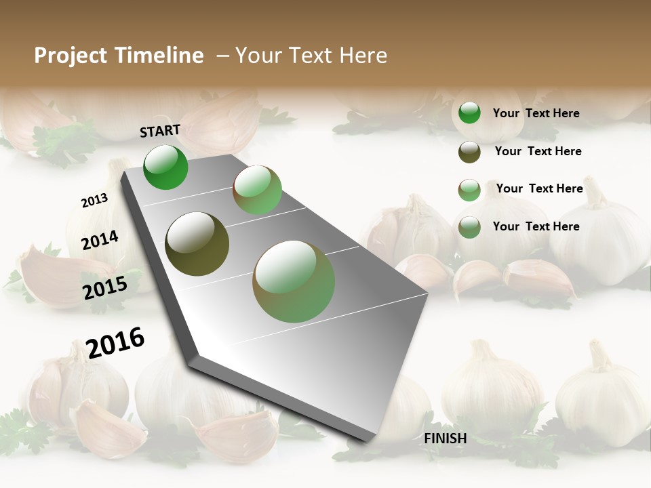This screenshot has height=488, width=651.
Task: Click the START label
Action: [160, 131]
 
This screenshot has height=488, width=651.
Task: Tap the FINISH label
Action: [446, 439]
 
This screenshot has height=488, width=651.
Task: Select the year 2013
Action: [94, 201]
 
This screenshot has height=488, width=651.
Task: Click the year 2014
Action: [100, 241]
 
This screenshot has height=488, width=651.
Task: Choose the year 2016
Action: [115, 343]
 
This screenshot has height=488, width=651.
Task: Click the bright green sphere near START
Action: [165, 167]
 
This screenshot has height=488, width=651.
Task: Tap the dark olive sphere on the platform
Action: [197, 244]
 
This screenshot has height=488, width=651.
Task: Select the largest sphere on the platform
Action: [294, 281]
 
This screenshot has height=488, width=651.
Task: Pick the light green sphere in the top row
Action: [258, 190]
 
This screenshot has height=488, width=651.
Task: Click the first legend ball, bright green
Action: [469, 113]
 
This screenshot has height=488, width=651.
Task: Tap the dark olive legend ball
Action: [469, 152]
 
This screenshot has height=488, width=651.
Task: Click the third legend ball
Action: [469, 190]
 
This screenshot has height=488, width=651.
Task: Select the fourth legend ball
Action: [469, 227]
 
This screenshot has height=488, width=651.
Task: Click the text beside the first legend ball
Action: [536, 113]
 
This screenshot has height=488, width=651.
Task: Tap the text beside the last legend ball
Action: [536, 226]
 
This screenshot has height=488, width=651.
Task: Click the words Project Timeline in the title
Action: [119, 56]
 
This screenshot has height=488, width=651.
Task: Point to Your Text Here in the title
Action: [311, 56]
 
